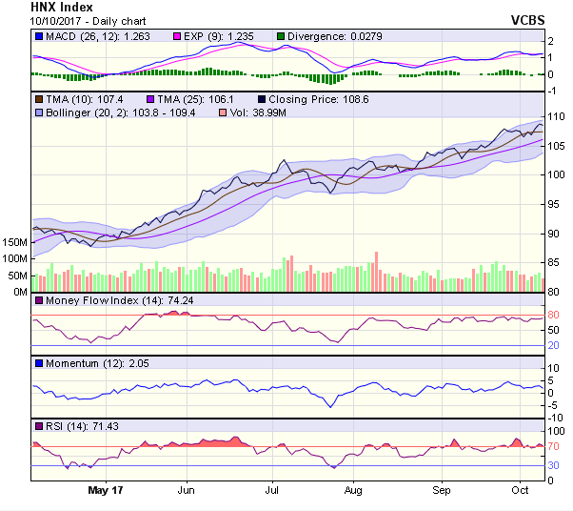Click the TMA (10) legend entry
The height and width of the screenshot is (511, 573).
pos(72,99)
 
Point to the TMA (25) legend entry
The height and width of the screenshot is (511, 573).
pos(178,99)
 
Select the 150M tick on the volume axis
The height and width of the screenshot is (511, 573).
pos(15,243)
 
